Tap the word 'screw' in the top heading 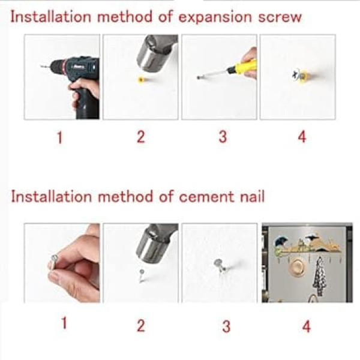(x=280, y=17)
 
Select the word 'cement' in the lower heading (x=206, y=197)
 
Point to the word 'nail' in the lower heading (x=253, y=197)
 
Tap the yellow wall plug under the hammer (x=141, y=80)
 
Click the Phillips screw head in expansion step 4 (x=297, y=74)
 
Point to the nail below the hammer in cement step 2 (x=142, y=276)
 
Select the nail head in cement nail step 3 (x=218, y=262)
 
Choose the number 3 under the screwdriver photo (x=223, y=137)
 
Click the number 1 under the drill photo (x=59, y=137)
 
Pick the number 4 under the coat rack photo (x=307, y=326)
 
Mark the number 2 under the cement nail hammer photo (x=141, y=326)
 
